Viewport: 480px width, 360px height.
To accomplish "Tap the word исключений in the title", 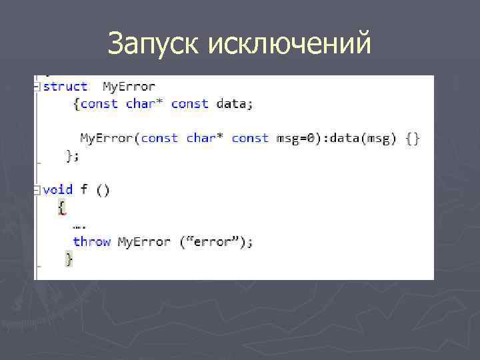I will (289, 44).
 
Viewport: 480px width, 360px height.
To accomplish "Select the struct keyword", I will (65, 87).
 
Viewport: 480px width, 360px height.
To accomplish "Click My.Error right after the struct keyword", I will (129, 87).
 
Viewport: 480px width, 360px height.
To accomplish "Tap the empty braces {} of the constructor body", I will (413, 139).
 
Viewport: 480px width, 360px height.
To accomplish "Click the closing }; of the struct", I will (73, 155).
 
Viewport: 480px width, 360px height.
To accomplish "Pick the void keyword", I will (58, 189).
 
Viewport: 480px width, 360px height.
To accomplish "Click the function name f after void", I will (84, 189).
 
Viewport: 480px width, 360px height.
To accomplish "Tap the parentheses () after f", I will (103, 189).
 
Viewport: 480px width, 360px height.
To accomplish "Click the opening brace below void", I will (62, 207).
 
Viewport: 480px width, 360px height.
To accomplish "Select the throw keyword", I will (92, 241).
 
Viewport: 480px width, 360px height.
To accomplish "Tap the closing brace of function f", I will (69, 259).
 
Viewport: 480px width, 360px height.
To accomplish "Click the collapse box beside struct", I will (37, 87).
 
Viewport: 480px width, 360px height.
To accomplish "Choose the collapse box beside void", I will (37, 189).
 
